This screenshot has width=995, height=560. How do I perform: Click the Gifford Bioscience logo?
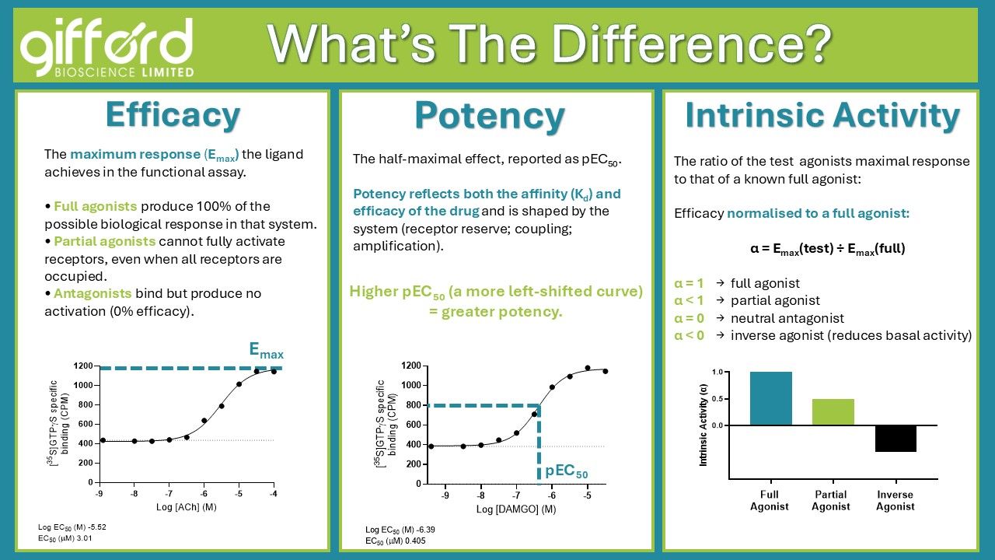[107, 47]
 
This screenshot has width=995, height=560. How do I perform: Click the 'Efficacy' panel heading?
[173, 116]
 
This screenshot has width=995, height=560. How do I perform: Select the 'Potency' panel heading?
[490, 117]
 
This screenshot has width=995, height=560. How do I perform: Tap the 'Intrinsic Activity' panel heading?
[822, 116]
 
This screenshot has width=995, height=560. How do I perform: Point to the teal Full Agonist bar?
[770, 398]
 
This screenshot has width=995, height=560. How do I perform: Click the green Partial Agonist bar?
[833, 412]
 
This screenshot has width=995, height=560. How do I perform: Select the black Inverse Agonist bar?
[895, 439]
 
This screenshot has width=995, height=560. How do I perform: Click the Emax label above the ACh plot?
[266, 351]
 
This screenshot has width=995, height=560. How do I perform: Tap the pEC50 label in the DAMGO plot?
[567, 471]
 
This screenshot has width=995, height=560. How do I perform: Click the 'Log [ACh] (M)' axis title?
[186, 507]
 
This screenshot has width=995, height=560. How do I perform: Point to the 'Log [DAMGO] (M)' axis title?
[516, 509]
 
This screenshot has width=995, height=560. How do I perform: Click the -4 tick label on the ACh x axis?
[273, 494]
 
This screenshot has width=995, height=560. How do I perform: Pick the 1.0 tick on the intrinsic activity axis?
[717, 372]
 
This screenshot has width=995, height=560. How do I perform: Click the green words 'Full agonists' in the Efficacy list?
[95, 206]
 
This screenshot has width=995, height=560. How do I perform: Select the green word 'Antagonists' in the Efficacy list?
[93, 293]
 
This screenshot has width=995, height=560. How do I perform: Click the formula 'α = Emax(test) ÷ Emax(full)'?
[828, 249]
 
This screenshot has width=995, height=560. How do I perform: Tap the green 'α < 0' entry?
[689, 335]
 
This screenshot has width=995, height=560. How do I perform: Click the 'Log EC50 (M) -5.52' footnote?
[72, 527]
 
